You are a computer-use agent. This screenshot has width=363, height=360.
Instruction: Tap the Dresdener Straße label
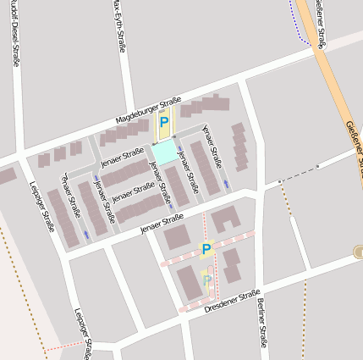[232, 302]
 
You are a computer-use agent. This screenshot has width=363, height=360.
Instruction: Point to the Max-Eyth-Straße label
[118, 25]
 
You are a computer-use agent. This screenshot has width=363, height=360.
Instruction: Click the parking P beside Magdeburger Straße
[164, 123]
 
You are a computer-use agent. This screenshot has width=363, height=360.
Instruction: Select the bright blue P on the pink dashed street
[206, 249]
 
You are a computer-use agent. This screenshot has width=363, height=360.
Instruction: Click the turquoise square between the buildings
[165, 152]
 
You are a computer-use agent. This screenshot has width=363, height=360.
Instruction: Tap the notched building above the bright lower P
[225, 219]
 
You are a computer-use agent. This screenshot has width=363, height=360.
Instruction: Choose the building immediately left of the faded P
[189, 281]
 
